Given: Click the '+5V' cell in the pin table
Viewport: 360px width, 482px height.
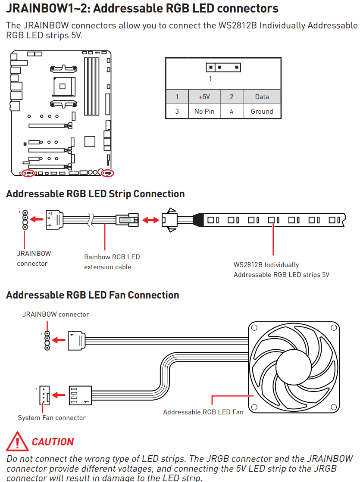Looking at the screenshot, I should pyautogui.click(x=204, y=97).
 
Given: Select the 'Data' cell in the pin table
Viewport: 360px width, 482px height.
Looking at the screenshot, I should pyautogui.click(x=262, y=97).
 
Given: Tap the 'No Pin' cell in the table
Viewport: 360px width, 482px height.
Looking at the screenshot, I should pyautogui.click(x=204, y=112).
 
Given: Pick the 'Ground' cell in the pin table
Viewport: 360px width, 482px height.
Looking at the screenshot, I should pyautogui.click(x=262, y=112).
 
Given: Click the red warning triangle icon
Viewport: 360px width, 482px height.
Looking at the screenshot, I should pyautogui.click(x=17, y=441).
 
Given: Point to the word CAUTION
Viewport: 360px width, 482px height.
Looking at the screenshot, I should pyautogui.click(x=53, y=442).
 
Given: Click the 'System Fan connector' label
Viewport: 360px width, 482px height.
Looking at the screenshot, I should pyautogui.click(x=52, y=417).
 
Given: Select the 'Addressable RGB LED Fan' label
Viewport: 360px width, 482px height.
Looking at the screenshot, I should pyautogui.click(x=203, y=412).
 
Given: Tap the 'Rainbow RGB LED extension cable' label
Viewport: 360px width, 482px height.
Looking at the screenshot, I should pyautogui.click(x=112, y=262).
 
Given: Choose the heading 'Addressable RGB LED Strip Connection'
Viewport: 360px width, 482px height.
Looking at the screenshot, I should pyautogui.click(x=95, y=194).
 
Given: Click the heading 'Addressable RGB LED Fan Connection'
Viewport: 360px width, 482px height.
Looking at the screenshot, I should pyautogui.click(x=92, y=295).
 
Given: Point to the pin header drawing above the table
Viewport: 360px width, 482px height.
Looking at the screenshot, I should pyautogui.click(x=223, y=68).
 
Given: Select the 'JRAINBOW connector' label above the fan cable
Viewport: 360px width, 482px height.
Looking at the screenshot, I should pyautogui.click(x=56, y=314).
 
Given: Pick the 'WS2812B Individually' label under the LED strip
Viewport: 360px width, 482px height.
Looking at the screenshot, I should pyautogui.click(x=266, y=265).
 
